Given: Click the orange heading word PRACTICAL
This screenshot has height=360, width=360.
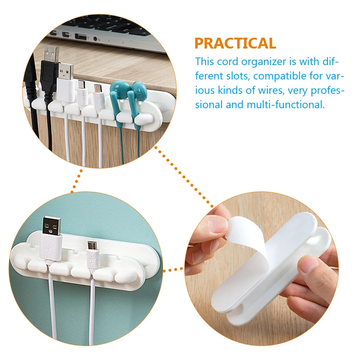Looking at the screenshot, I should click(x=235, y=43).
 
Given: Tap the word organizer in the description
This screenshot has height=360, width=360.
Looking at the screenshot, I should click(x=263, y=61).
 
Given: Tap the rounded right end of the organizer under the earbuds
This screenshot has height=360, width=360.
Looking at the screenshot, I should click(x=163, y=112).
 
